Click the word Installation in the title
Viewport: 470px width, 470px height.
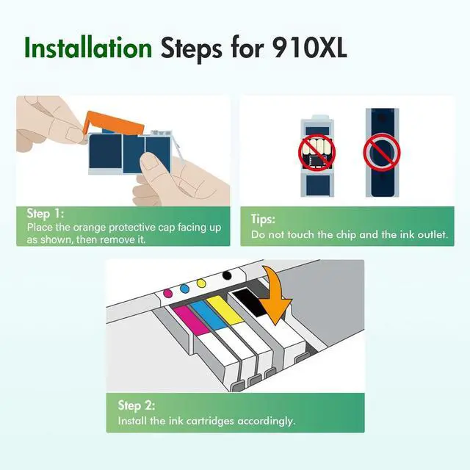(88, 48)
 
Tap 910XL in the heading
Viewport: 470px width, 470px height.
(310, 48)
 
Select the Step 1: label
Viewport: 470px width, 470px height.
(46, 214)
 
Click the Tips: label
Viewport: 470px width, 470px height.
(263, 219)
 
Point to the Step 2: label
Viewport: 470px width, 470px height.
(137, 405)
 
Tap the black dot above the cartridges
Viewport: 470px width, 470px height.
(227, 275)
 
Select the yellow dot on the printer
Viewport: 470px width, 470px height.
(201, 283)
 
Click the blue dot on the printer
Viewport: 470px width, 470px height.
(184, 289)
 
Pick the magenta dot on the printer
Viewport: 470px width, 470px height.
(168, 293)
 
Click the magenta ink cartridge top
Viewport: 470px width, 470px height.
(192, 320)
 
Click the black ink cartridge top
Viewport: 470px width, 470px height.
(250, 302)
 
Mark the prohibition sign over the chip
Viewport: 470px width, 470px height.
(317, 153)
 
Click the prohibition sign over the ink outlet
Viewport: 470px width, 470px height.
(382, 153)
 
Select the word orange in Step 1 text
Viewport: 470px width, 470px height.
(90, 228)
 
